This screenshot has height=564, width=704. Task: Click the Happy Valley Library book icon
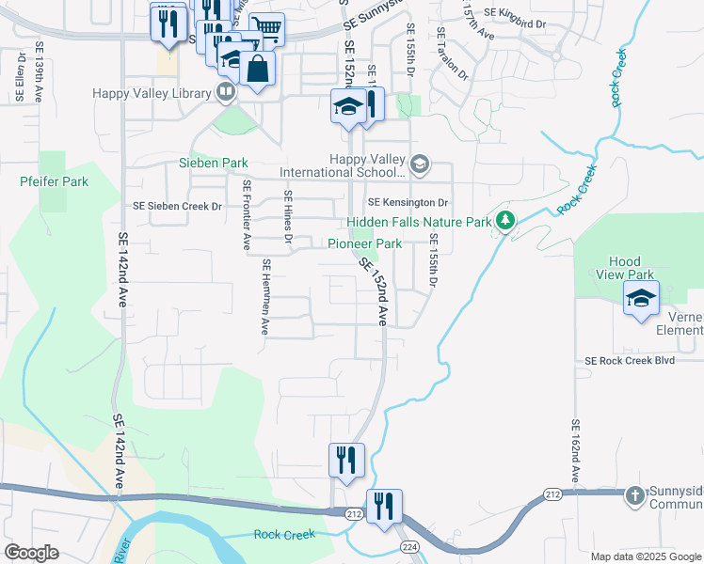[x=225, y=92]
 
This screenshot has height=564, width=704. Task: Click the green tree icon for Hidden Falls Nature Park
[x=506, y=222]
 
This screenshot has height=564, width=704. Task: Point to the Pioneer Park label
[x=364, y=244]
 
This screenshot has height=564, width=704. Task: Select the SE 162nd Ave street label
[x=573, y=451]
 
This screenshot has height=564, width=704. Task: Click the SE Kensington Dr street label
[x=408, y=202]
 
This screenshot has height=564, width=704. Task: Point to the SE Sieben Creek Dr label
[x=177, y=205]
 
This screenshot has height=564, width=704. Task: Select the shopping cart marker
[x=268, y=30]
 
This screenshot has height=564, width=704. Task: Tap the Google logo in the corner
[x=31, y=552]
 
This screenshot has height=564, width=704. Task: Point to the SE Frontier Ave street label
[x=247, y=215]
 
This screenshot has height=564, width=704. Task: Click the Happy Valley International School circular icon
[x=420, y=166]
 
